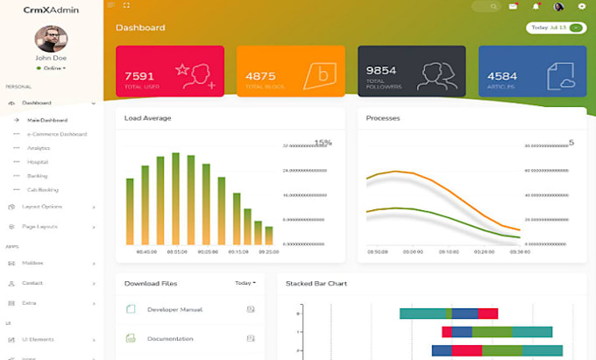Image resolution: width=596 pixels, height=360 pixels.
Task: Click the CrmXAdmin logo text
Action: (x=51, y=10)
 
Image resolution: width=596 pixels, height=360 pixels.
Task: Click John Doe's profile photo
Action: (x=51, y=39)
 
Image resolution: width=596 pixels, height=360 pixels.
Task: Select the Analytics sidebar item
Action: (x=39, y=148)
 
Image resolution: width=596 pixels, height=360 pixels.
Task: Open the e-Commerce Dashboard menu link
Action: (x=57, y=134)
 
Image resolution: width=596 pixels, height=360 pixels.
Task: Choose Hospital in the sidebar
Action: (x=38, y=162)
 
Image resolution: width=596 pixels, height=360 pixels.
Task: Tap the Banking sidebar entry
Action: (x=37, y=176)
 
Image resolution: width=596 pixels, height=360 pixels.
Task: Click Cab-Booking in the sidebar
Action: (x=43, y=189)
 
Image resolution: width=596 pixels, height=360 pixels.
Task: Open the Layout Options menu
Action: (x=42, y=207)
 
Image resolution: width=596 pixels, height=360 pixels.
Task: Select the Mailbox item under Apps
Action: (x=32, y=263)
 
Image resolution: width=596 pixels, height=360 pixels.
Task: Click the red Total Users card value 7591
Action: (x=140, y=76)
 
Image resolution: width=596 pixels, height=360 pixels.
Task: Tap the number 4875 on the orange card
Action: (x=260, y=76)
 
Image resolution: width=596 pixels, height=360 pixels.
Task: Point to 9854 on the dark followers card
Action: (x=381, y=70)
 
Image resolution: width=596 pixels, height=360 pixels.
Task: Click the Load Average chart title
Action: (x=147, y=117)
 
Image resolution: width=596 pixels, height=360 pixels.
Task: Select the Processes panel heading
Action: (x=383, y=117)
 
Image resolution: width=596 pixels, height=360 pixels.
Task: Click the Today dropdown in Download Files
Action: (x=245, y=283)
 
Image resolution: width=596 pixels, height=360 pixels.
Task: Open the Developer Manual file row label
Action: (x=175, y=309)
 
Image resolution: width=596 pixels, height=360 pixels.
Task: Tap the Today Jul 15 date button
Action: (x=556, y=27)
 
